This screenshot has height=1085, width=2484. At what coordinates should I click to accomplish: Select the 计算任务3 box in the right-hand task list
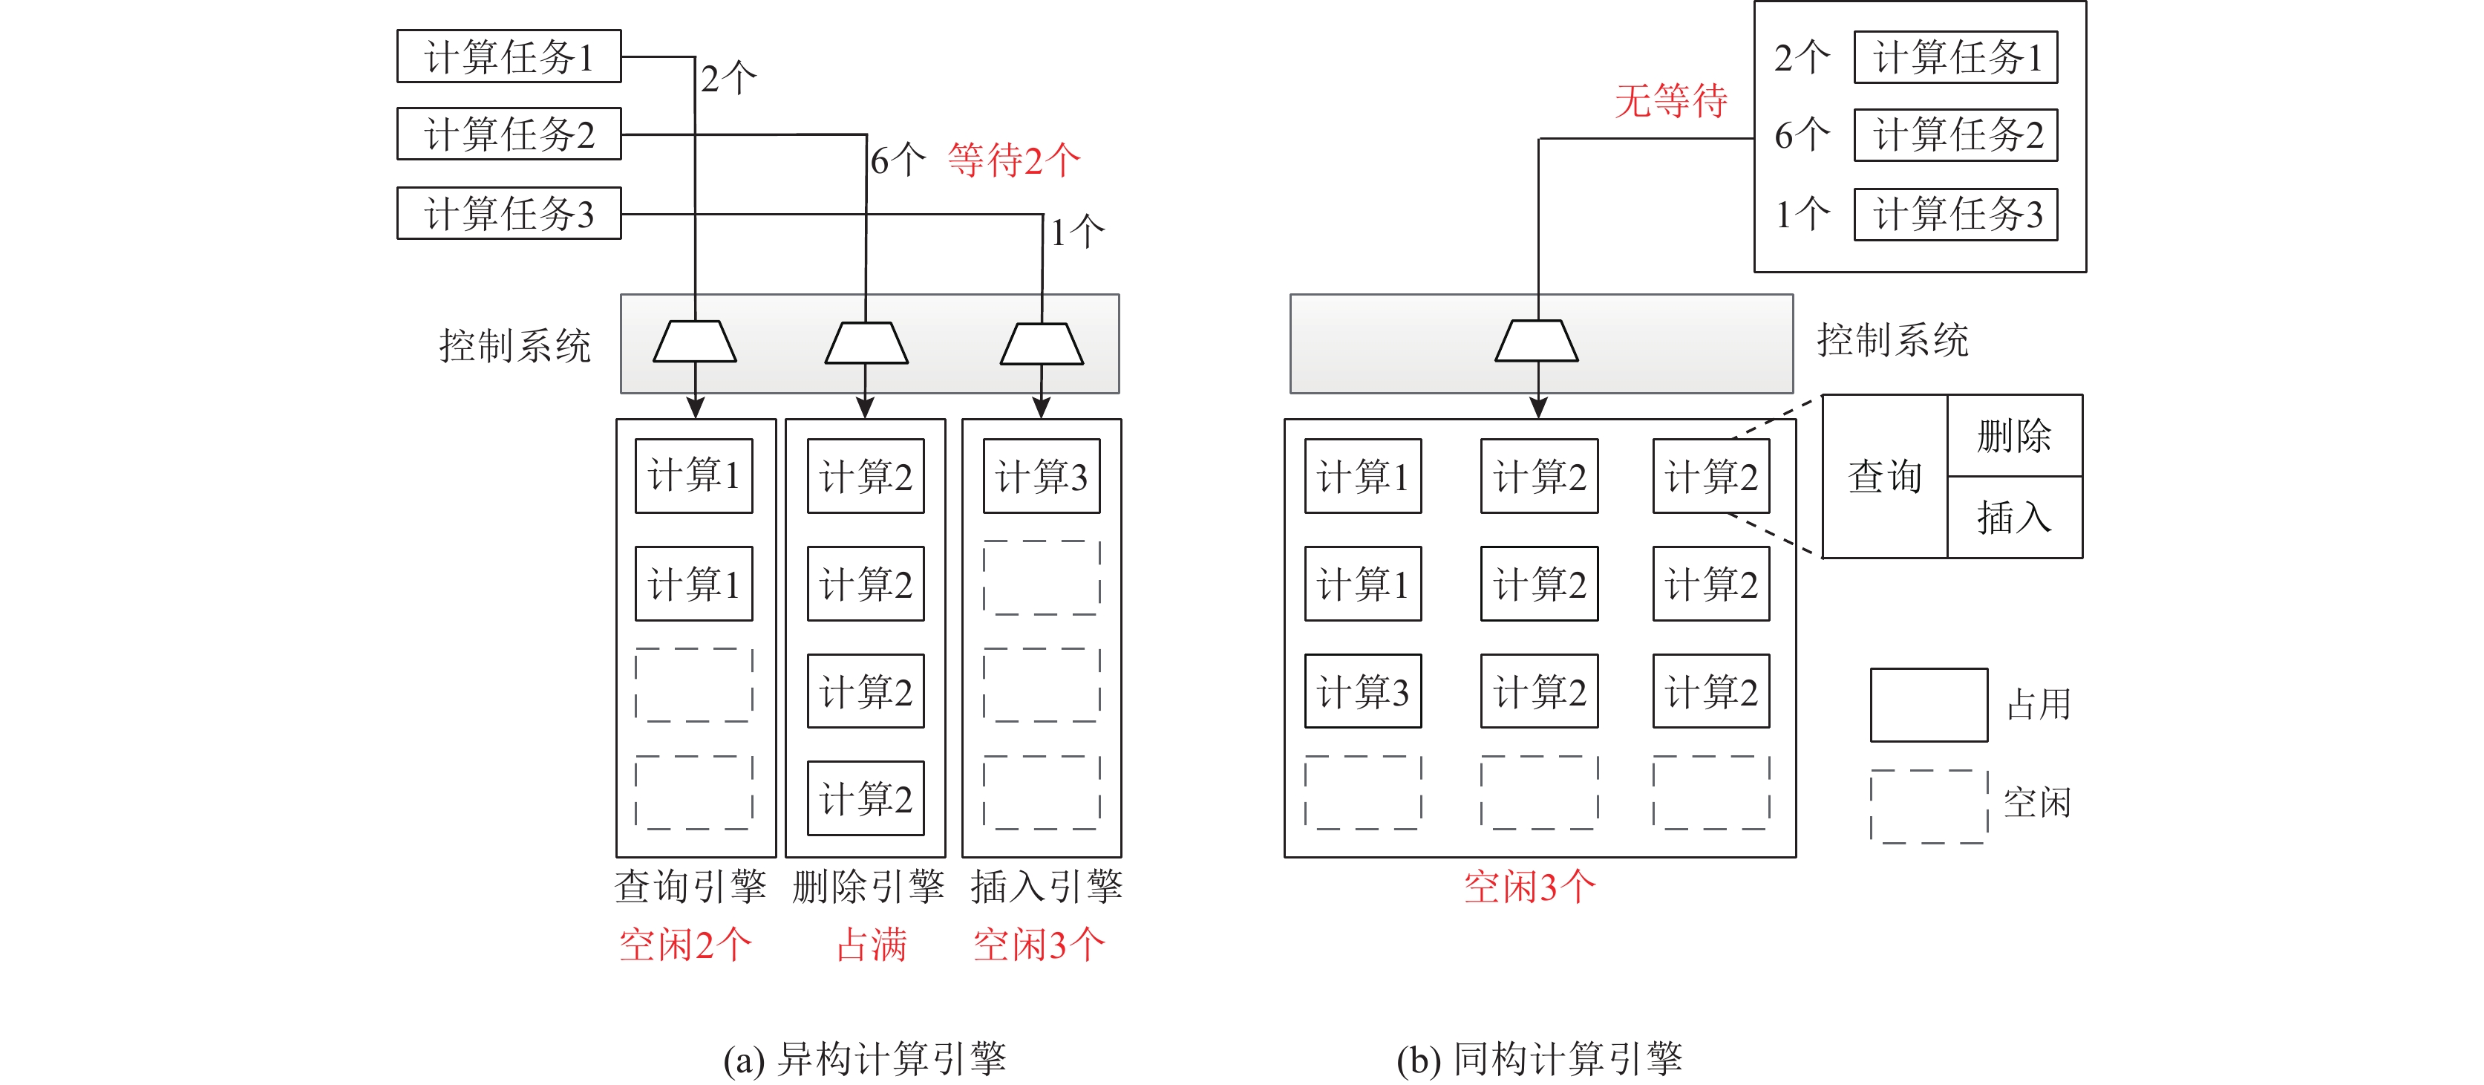pyautogui.click(x=1955, y=214)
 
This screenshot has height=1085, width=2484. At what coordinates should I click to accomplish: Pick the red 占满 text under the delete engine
pyautogui.click(x=871, y=944)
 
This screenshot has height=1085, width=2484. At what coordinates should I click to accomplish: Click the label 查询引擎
pyautogui.click(x=690, y=886)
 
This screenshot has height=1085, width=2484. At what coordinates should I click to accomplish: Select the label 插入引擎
pyautogui.click(x=1046, y=886)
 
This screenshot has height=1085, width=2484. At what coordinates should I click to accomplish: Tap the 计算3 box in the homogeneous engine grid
pyautogui.click(x=1362, y=691)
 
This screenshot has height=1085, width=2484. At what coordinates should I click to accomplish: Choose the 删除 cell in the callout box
pyautogui.click(x=2013, y=436)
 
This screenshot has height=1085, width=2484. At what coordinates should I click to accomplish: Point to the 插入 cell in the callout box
pyautogui.click(x=2013, y=518)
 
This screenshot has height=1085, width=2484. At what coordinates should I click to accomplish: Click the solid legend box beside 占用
pyautogui.click(x=1929, y=705)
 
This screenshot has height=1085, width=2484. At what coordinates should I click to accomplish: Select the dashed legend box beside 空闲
pyautogui.click(x=1929, y=807)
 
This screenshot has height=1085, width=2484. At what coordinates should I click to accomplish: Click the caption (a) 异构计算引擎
pyautogui.click(x=864, y=1059)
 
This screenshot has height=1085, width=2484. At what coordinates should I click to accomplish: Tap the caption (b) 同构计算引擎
pyautogui.click(x=1539, y=1059)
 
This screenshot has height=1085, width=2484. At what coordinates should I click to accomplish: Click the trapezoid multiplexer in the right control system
pyautogui.click(x=1537, y=342)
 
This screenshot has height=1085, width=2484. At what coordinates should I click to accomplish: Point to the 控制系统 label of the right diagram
pyautogui.click(x=1892, y=340)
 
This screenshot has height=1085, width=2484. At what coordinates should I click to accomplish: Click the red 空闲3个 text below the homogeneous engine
pyautogui.click(x=1529, y=886)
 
